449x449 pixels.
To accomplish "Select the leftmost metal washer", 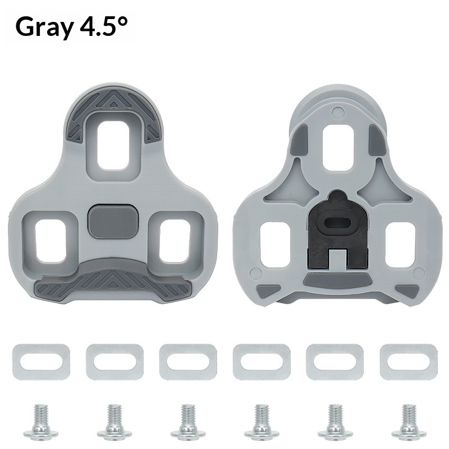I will (40, 361).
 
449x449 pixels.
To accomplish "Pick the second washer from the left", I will (114, 361).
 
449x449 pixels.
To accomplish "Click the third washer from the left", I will (188, 361).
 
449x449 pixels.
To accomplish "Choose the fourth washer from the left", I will (262, 361).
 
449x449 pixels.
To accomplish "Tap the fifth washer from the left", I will (335, 361).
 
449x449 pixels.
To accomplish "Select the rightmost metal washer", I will (409, 361).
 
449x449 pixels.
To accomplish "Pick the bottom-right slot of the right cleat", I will (400, 242).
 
